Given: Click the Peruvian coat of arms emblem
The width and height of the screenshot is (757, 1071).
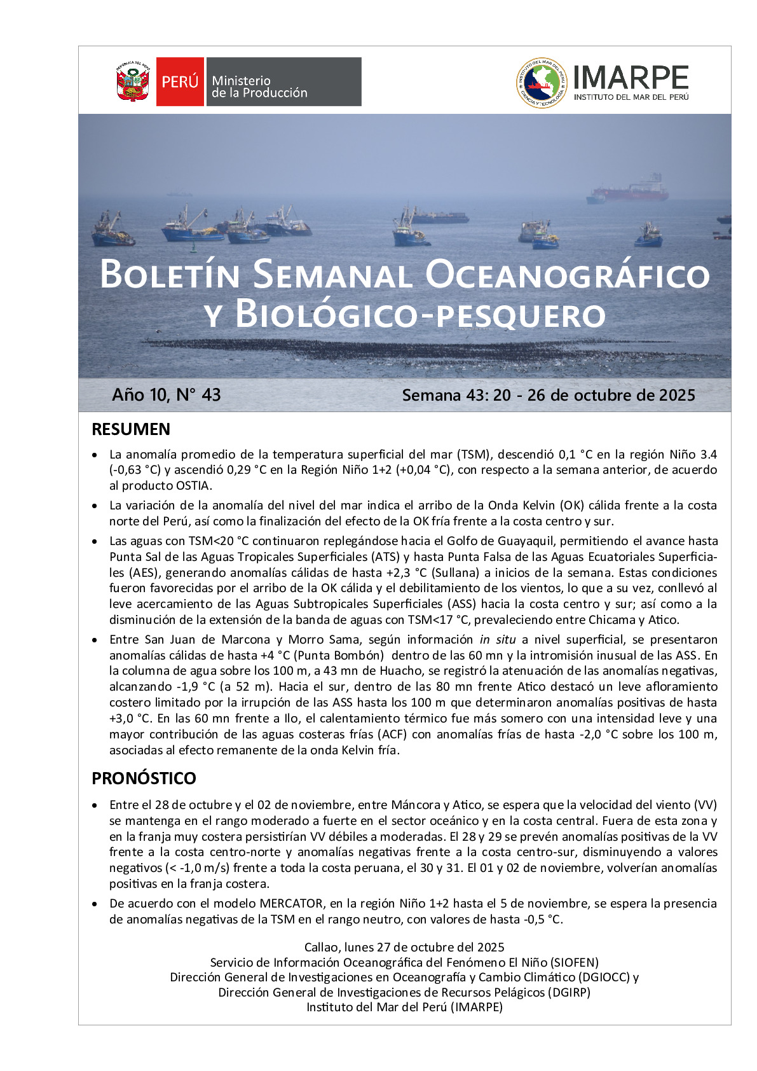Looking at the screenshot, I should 132,82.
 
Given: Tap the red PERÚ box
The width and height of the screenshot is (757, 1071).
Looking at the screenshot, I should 180,82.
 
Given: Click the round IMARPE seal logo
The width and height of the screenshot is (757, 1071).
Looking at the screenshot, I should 541,83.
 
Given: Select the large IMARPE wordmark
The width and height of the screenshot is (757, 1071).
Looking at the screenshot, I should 631,78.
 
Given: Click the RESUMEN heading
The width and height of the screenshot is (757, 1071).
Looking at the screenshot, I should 131,429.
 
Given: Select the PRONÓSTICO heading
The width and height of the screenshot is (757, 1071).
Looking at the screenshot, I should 144,778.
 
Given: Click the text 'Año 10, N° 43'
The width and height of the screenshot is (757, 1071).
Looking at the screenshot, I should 167,395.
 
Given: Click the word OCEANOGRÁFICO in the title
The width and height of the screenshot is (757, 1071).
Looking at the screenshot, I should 567,275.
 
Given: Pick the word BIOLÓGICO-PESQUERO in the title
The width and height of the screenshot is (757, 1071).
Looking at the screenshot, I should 420,315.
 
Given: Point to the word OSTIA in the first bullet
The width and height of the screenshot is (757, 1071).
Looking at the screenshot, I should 193,486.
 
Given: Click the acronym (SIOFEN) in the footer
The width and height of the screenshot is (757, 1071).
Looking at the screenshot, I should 575,962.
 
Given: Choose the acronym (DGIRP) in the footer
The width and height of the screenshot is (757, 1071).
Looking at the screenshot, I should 569,992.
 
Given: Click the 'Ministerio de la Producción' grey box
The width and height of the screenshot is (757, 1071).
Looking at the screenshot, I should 283,82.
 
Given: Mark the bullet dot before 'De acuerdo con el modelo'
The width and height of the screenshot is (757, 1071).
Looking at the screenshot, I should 95,904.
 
